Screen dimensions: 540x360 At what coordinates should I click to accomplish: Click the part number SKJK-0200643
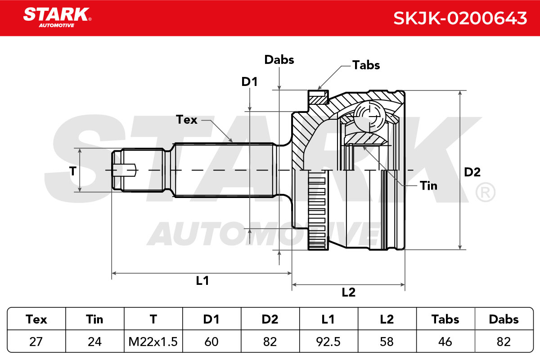pyautogui.click(x=460, y=18)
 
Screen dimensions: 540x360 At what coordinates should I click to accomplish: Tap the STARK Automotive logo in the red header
pyautogui.click(x=58, y=18)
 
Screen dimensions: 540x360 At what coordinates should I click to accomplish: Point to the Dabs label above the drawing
pyautogui.click(x=279, y=59)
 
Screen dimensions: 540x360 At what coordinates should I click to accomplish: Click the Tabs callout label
pyautogui.click(x=366, y=65)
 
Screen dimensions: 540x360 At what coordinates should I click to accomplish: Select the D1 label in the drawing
pyautogui.click(x=249, y=82)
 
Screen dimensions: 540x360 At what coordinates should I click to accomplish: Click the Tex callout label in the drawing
pyautogui.click(x=187, y=120)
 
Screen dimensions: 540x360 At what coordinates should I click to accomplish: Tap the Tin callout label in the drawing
pyautogui.click(x=428, y=186)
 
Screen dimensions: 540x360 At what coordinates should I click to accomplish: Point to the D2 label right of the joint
pyautogui.click(x=472, y=172)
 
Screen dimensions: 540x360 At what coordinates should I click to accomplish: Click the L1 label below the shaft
pyautogui.click(x=202, y=280)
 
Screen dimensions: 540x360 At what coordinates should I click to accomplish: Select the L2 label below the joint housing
pyautogui.click(x=349, y=292)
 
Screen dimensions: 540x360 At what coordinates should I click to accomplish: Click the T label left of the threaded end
pyautogui.click(x=73, y=171)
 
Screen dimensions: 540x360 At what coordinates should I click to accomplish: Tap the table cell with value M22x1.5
pyautogui.click(x=153, y=342)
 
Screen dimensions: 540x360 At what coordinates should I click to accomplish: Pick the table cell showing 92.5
pyautogui.click(x=328, y=342)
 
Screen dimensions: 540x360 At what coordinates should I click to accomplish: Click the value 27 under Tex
pyautogui.click(x=36, y=342)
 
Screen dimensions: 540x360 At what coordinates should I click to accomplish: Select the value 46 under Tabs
pyautogui.click(x=445, y=342)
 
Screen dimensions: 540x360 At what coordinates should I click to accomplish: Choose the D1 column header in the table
pyautogui.click(x=211, y=319)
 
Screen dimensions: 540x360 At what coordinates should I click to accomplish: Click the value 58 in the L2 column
pyautogui.click(x=387, y=342)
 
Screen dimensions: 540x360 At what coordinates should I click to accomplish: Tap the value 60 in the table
pyautogui.click(x=211, y=342)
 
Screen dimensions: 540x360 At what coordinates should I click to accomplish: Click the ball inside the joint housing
pyautogui.click(x=369, y=117)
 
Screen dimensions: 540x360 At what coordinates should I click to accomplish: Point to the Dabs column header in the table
pyautogui.click(x=504, y=319)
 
